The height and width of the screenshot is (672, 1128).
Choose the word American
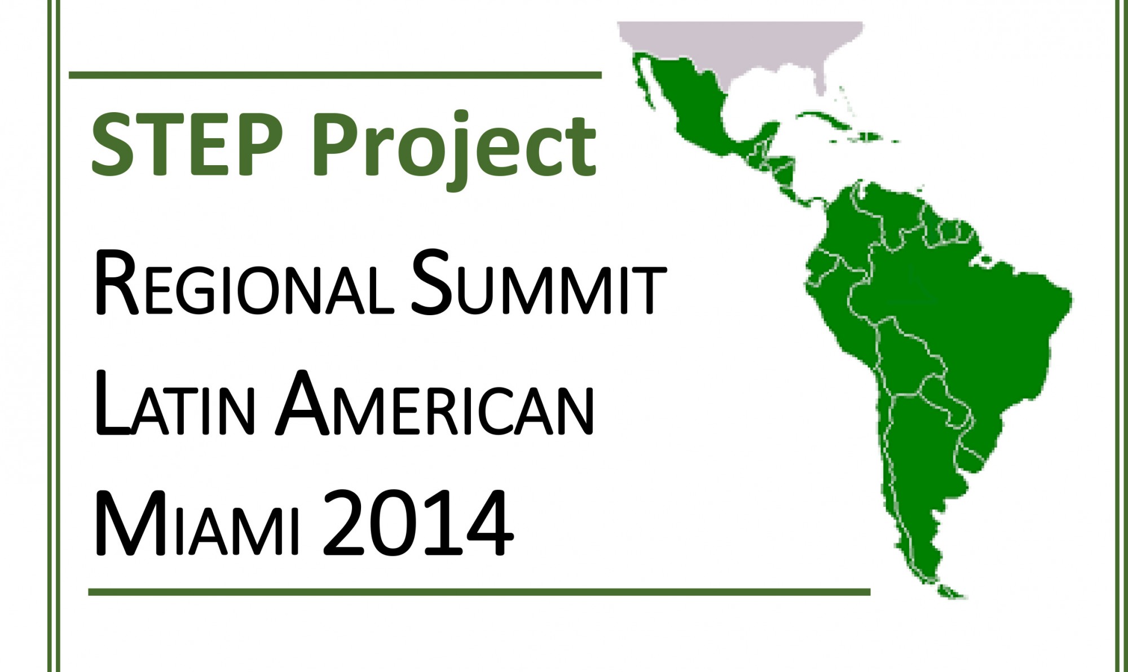pyautogui.click(x=434, y=403)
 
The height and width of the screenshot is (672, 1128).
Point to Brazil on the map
pyautogui.click(x=970, y=304)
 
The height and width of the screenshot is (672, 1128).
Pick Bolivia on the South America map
pyautogui.click(x=908, y=355)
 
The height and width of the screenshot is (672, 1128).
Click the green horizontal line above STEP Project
pyautogui.click(x=335, y=75)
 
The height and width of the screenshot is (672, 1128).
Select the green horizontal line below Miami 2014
pyautogui.click(x=479, y=592)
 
